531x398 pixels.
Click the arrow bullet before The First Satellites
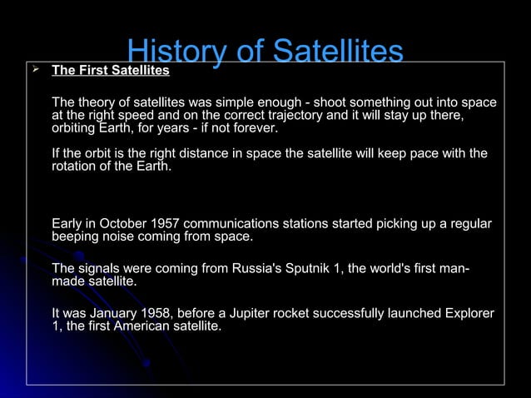pyautogui.click(x=35, y=70)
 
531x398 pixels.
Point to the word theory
pyautogui.click(x=97, y=102)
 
